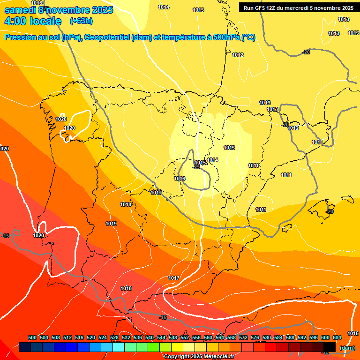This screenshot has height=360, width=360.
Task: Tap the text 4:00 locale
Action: point(33,21)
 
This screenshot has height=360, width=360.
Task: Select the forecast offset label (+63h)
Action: point(81,21)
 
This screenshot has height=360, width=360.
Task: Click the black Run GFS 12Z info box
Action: point(298,7)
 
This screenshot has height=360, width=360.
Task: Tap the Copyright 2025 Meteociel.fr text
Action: point(198,356)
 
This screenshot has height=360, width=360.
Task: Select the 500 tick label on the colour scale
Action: point(32,338)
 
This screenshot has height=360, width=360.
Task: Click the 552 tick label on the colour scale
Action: point(185,338)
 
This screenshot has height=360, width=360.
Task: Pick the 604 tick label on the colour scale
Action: point(337,338)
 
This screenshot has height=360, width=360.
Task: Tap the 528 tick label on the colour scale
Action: point(114,338)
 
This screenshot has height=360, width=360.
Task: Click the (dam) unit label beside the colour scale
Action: point(347,348)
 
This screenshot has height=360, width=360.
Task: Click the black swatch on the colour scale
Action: point(330,347)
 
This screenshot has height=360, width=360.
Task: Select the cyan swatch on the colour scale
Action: point(119,347)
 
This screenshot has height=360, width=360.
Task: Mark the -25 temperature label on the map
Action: point(196,167)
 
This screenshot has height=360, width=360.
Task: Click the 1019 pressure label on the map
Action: point(111,224)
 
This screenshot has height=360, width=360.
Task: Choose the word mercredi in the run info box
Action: point(297,7)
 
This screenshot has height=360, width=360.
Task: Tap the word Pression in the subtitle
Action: point(19,37)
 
